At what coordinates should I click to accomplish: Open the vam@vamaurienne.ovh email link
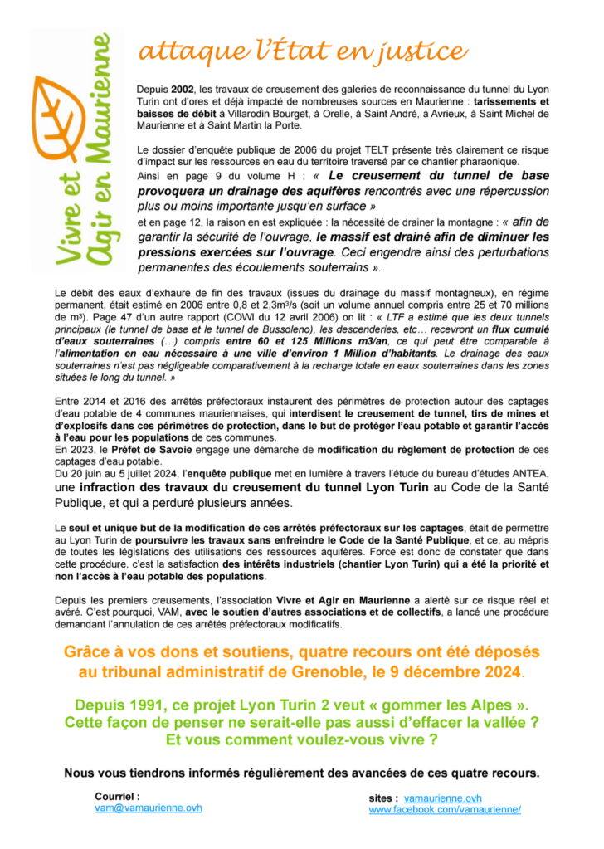[149, 807]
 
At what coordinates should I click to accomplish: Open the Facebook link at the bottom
[445, 809]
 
